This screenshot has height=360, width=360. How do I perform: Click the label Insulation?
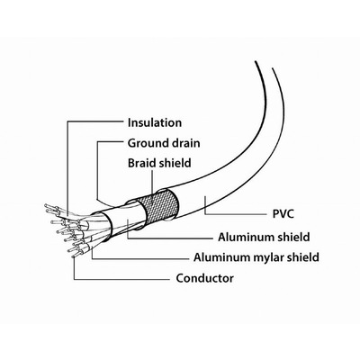coord(155,122)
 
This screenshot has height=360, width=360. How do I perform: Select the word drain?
coord(186,143)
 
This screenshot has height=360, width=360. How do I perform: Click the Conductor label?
coord(205,278)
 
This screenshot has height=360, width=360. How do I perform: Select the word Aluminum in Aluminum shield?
coord(243,237)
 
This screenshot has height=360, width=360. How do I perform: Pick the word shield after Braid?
coord(175,163)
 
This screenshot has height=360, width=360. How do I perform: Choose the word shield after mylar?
coord(303,257)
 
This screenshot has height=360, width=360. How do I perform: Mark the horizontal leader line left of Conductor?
coord(121,280)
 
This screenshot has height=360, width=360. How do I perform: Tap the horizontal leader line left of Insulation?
coord(95,121)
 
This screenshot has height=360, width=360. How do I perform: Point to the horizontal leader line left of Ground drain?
coord(111,141)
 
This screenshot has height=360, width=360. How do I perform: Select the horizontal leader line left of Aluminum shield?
coord(170,238)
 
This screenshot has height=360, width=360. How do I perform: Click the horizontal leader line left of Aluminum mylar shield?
coord(140,258)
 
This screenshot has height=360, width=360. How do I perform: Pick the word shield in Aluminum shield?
coord(293,237)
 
